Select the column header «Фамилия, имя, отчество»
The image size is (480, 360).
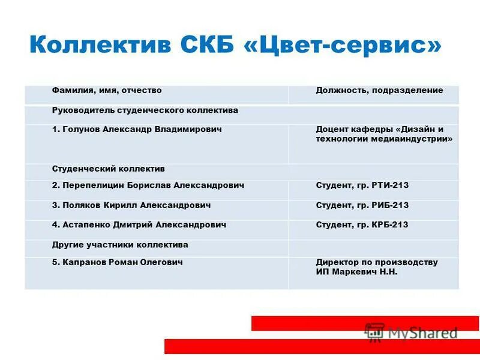tap(107, 91)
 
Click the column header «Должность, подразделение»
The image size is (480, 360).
tap(379, 91)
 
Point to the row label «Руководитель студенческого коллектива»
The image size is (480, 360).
tap(145, 110)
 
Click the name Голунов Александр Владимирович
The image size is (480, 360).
tap(137, 130)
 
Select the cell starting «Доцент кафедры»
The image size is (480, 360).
tap(383, 134)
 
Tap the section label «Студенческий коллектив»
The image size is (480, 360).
tap(108, 169)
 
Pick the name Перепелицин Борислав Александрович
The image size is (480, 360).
tap(148, 186)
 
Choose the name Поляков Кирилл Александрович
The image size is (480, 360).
tap(131, 205)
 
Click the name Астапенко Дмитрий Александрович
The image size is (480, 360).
tap(139, 225)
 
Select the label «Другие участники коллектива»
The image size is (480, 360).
tap(120, 245)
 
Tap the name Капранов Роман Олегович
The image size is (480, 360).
tap(117, 263)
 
